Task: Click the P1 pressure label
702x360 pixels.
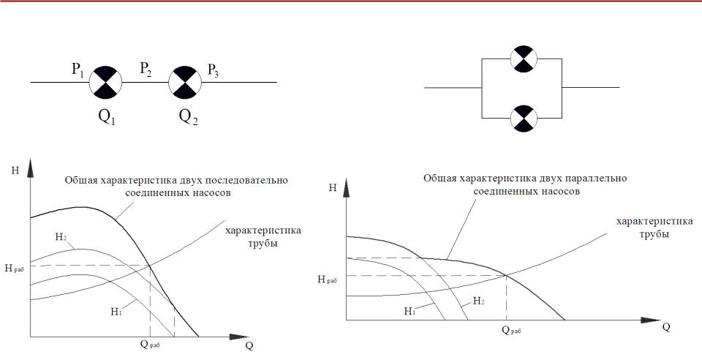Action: [x=78, y=71]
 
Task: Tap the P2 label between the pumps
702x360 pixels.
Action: [x=146, y=70]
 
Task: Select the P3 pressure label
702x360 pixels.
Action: [x=213, y=71]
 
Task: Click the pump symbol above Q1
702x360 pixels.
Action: [x=105, y=83]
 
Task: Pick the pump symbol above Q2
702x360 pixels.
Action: [x=185, y=83]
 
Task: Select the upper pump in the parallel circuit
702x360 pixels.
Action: [x=524, y=59]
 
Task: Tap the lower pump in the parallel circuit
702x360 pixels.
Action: [x=524, y=119]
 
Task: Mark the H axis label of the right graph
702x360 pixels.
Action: [x=332, y=187]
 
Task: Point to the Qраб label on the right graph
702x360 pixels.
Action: [x=511, y=331]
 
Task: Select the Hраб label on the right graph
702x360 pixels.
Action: [x=328, y=280]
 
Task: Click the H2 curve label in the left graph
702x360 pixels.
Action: [x=61, y=238]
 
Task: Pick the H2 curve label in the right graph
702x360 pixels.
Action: [x=478, y=301]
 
